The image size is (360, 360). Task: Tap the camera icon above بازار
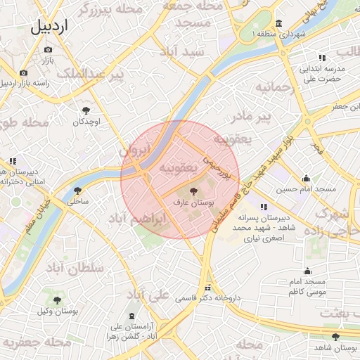[x=48, y=49]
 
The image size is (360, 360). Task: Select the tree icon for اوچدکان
[x=86, y=110]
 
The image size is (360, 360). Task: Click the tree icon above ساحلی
[x=77, y=190]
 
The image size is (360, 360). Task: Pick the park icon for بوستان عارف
[x=195, y=191]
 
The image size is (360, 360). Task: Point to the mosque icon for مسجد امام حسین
[x=306, y=179]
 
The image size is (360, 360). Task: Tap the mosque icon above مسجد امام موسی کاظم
[x=307, y=271]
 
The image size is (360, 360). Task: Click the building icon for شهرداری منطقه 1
[x=280, y=23]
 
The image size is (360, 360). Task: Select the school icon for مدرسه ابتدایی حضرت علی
[x=321, y=58]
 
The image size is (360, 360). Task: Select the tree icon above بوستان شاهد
[x=335, y=337]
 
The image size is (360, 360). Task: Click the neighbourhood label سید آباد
[x=181, y=51]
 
